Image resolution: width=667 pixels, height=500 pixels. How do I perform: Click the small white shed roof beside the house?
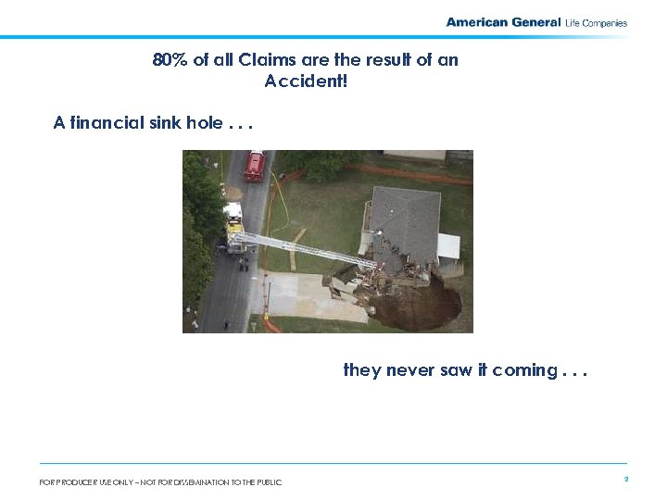point(448,246)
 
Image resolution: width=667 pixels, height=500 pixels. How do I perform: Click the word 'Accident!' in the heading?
point(306,81)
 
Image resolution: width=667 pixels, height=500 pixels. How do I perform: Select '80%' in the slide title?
point(170,60)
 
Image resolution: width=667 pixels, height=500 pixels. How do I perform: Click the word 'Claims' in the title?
point(263,60)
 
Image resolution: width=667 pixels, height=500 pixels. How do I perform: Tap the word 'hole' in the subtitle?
point(204,123)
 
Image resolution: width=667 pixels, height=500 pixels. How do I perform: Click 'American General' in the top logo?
point(503,22)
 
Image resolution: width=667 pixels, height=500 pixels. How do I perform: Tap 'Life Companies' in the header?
point(596,23)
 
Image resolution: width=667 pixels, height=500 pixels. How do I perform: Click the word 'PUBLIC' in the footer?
point(267,481)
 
